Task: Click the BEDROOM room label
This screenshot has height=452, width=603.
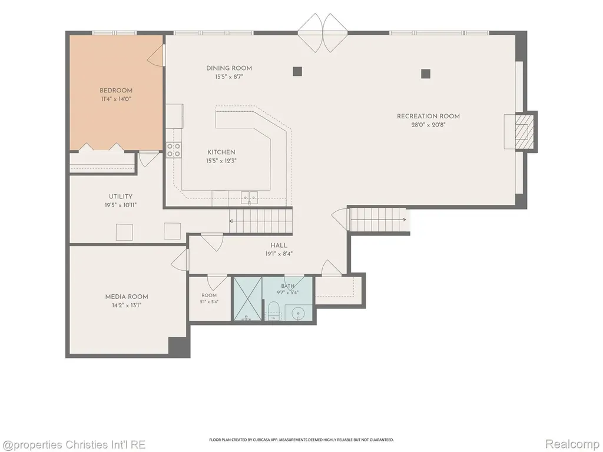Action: (116, 91)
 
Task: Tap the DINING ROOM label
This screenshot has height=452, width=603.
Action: (229, 68)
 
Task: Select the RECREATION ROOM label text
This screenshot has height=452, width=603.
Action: (428, 116)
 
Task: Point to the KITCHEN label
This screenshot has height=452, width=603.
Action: (221, 152)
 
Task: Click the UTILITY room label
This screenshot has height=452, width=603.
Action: (120, 197)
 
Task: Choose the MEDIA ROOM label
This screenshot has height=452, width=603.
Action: (127, 297)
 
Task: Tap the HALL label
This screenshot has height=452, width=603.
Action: (279, 245)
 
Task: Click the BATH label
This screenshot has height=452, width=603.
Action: (287, 286)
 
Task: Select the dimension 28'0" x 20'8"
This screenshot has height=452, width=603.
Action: (428, 125)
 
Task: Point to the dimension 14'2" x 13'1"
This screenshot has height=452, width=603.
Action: (127, 305)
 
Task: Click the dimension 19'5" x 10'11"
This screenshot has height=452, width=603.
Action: (120, 205)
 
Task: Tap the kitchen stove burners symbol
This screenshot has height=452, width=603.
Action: (174, 150)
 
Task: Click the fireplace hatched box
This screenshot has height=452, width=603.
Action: (522, 131)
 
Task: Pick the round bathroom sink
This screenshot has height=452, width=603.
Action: (298, 314)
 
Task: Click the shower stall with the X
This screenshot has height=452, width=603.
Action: (248, 298)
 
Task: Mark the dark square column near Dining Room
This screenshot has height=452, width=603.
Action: (297, 71)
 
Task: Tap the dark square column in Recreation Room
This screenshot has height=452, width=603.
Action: (425, 74)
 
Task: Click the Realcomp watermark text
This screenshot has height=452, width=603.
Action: (572, 444)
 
